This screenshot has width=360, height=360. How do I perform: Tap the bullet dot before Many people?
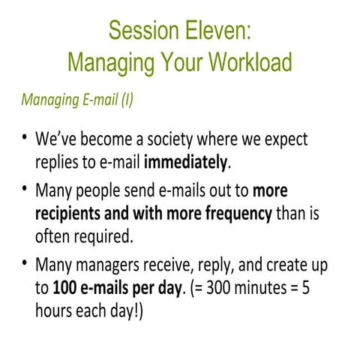(x=25, y=190)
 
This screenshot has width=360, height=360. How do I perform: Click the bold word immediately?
(x=187, y=162)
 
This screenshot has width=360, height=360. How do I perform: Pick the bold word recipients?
(x=71, y=214)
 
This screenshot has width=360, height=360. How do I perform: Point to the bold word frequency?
(x=233, y=214)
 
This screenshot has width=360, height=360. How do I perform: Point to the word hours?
(x=55, y=309)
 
